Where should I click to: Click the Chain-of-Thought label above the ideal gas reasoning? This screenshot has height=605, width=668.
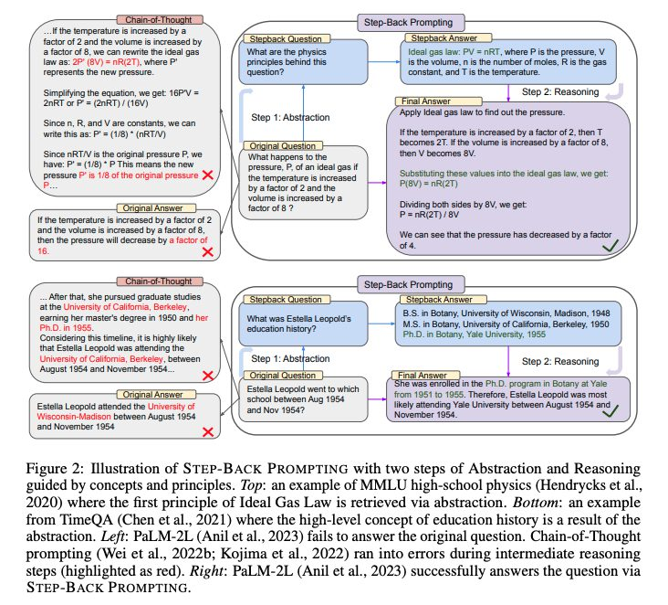point(119,19)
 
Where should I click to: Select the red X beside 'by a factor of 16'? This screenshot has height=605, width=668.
point(208,249)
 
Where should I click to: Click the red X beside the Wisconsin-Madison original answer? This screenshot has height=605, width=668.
point(208,430)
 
